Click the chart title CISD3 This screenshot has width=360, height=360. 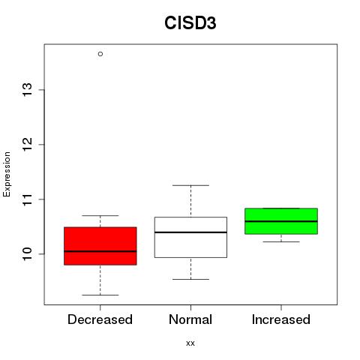[190, 23]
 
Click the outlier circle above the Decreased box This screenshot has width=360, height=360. [100, 54]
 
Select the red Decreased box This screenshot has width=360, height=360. [100, 246]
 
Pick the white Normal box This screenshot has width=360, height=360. [190, 237]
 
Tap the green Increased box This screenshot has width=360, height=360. [281, 221]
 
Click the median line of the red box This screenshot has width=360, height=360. [100, 251]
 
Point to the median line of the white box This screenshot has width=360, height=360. [190, 232]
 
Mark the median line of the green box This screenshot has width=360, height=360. [281, 221]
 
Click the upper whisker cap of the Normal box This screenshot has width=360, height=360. [190, 185]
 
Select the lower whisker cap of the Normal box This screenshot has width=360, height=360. [190, 279]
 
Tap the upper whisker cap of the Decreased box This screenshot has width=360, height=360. [100, 215]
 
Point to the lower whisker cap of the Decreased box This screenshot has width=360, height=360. [100, 295]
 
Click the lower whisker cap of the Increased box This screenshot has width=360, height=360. [281, 241]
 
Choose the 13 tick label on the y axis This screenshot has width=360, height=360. [28, 90]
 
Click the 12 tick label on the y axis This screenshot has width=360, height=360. [28, 145]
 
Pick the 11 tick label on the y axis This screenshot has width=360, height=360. [28, 199]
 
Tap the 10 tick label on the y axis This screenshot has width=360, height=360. [28, 254]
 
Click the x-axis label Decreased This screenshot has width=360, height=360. [100, 319]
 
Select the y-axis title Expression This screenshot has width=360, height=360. [7, 174]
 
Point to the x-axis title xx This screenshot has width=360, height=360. [190, 343]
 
